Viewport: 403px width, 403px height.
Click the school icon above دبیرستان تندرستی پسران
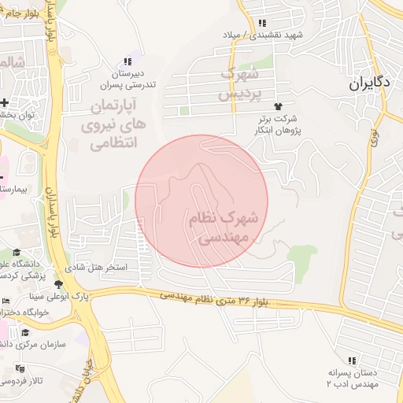coord(127,62)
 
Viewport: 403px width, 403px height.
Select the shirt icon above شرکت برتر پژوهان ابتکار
coord(276,105)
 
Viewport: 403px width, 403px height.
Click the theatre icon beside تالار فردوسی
coord(20,368)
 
